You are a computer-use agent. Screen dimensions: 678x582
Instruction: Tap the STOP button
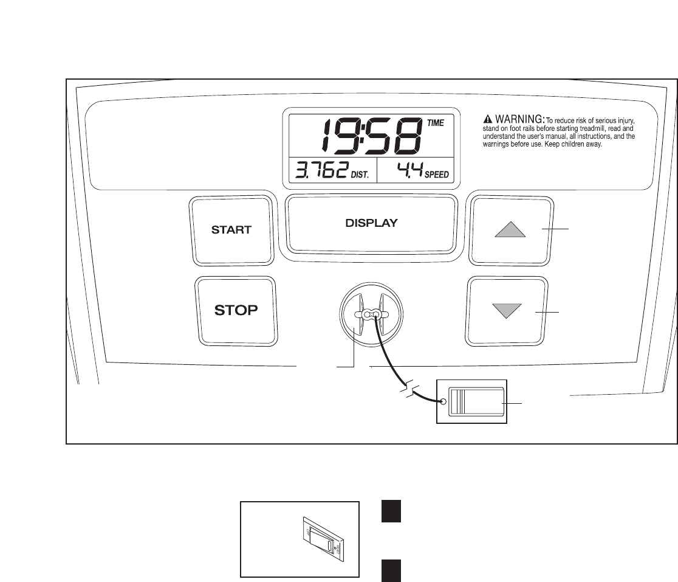tap(236, 311)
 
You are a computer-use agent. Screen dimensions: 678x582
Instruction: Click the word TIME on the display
tap(435, 123)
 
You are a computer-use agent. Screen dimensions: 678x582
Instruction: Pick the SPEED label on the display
tap(437, 175)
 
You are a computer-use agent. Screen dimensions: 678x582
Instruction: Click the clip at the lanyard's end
tap(471, 402)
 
